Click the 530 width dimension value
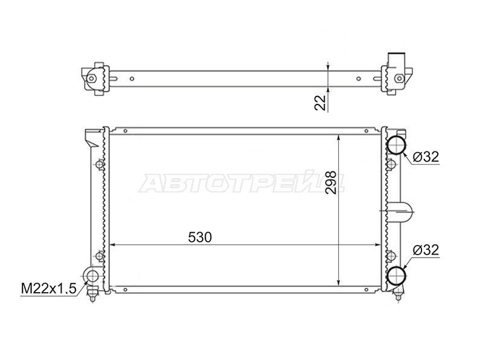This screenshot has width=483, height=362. (x=200, y=237)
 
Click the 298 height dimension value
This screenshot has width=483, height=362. (x=331, y=182)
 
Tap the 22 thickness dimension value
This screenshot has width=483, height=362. (x=320, y=103)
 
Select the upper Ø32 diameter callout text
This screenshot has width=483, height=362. (x=426, y=157)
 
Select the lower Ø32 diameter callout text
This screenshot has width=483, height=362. (x=426, y=250)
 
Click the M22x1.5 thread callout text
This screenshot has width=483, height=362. (x=48, y=289)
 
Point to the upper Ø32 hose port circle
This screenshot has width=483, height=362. (x=396, y=144)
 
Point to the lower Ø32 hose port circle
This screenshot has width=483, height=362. (x=396, y=276)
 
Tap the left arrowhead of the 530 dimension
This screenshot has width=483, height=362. (x=112, y=245)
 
